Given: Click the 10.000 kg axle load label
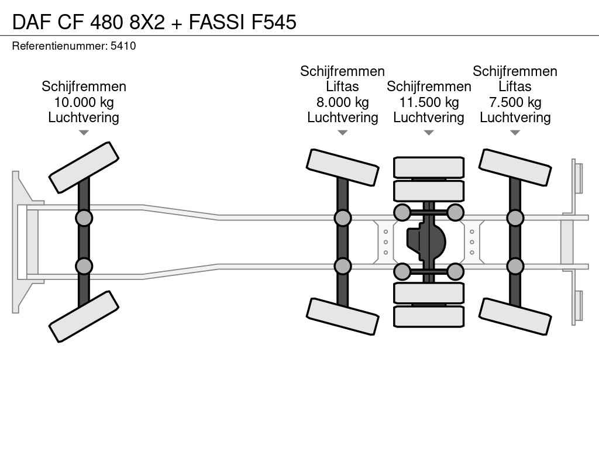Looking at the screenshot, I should click(x=84, y=102).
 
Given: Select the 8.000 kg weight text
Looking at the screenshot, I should click(x=342, y=102).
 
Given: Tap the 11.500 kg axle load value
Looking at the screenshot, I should click(x=429, y=102).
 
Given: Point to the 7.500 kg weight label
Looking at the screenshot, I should click(x=515, y=102).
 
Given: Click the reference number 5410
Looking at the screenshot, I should click(x=123, y=46).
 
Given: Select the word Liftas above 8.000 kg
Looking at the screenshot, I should click(x=342, y=87).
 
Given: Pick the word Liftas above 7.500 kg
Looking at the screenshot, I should click(x=515, y=87).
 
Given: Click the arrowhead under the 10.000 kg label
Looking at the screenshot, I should click(x=84, y=133).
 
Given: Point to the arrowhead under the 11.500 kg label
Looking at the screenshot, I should click(x=429, y=133).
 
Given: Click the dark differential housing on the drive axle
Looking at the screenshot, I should click(x=426, y=241).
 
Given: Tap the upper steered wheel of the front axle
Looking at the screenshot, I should click(x=84, y=167).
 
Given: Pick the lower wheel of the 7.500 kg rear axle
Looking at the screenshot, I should click(x=515, y=316).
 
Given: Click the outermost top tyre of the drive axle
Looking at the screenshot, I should click(x=429, y=167).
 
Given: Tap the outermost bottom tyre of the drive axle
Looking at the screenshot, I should click(x=429, y=316).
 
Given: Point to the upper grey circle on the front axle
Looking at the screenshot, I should click(x=84, y=218).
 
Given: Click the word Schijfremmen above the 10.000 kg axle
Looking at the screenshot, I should click(x=84, y=87).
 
